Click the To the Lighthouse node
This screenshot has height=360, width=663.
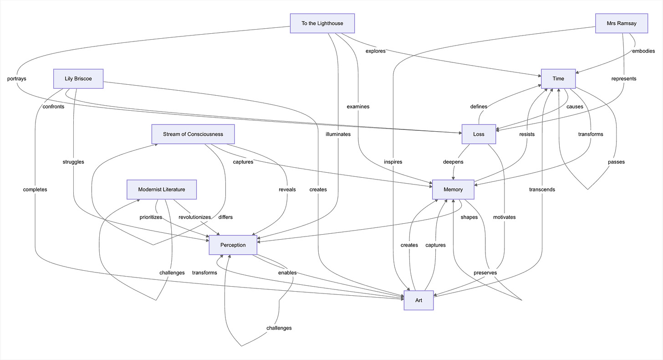pos(322,23)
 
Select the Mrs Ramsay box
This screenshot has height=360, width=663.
pos(622,23)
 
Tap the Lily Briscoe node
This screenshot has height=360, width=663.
pos(78,78)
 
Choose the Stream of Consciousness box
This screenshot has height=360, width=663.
pos(193,134)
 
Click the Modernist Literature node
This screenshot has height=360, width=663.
pos(162,189)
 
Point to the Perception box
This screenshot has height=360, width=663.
pos(233,245)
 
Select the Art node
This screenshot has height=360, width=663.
pos(418,300)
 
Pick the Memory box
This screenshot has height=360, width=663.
pos(453,189)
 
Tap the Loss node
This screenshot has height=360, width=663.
pos(479,134)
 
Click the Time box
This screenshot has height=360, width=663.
pos(558,78)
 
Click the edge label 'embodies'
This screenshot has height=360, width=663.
pos(643,51)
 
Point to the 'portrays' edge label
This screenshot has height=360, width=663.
pos(17,78)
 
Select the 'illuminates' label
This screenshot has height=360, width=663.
pos(338,134)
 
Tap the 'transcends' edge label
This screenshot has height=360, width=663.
pos(542,189)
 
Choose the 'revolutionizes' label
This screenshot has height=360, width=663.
pos(194,217)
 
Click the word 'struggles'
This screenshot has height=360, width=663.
pos(73,162)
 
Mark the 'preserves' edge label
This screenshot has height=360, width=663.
pos(485,273)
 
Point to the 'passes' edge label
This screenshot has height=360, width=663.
pos(616,162)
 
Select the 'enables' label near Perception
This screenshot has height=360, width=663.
pos(287,273)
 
